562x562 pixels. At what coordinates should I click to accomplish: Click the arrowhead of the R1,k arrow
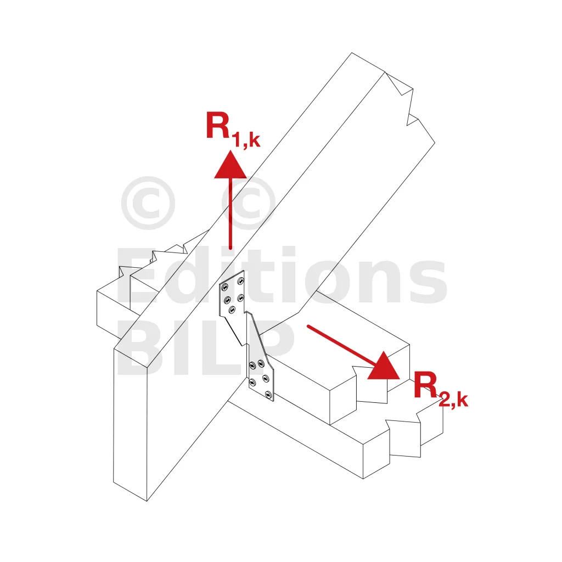[231, 165]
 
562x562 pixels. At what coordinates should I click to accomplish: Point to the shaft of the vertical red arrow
[231, 213]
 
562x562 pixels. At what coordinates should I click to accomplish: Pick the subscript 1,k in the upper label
[245, 140]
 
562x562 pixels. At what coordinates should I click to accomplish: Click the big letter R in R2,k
[425, 385]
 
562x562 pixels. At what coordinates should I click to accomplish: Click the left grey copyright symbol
[148, 203]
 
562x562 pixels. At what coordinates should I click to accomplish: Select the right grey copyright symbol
[249, 203]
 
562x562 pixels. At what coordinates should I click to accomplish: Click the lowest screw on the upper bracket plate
[232, 310]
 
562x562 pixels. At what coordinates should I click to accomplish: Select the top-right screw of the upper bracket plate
[241, 280]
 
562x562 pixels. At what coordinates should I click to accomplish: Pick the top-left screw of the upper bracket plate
[225, 286]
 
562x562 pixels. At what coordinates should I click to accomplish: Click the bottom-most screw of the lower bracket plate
[268, 395]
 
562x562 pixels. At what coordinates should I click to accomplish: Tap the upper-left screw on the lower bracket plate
[252, 366]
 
